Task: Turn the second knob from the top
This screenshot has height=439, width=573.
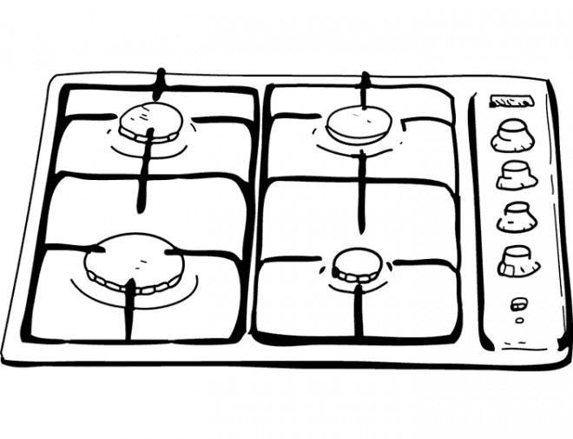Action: tap(516, 175)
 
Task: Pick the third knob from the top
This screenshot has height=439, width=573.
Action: tap(517, 216)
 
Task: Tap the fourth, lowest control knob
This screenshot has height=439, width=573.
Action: tap(517, 259)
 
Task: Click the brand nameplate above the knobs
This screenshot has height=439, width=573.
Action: tap(510, 102)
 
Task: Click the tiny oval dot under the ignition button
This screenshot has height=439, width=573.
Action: tap(519, 319)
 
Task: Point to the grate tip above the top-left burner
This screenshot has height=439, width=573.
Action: tap(158, 83)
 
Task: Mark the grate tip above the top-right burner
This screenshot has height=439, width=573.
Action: tap(365, 85)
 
